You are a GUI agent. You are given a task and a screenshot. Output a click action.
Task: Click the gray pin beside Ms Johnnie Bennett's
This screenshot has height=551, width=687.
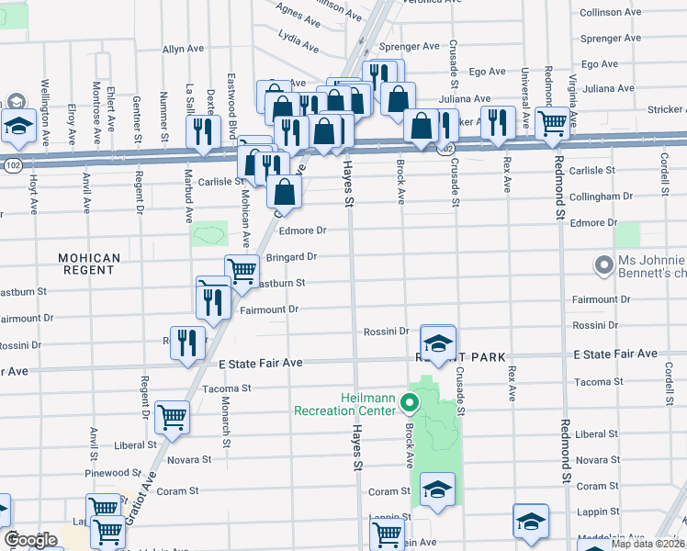point(603,265)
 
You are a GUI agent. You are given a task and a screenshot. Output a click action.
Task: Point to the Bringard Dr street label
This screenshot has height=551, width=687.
point(291,257)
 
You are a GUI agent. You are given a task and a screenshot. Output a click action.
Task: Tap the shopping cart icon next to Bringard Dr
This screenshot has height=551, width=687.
point(241,271)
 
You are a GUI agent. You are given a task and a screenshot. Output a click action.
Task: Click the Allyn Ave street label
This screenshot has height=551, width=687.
point(183,49)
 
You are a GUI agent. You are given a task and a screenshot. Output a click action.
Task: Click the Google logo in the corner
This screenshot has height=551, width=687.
point(30,540)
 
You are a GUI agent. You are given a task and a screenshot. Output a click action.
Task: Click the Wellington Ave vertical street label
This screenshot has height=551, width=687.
point(43,113)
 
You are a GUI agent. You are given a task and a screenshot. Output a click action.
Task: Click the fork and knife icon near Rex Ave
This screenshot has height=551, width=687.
point(497,124)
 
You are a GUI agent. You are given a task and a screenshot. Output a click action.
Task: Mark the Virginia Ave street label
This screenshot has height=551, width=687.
point(572,99)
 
